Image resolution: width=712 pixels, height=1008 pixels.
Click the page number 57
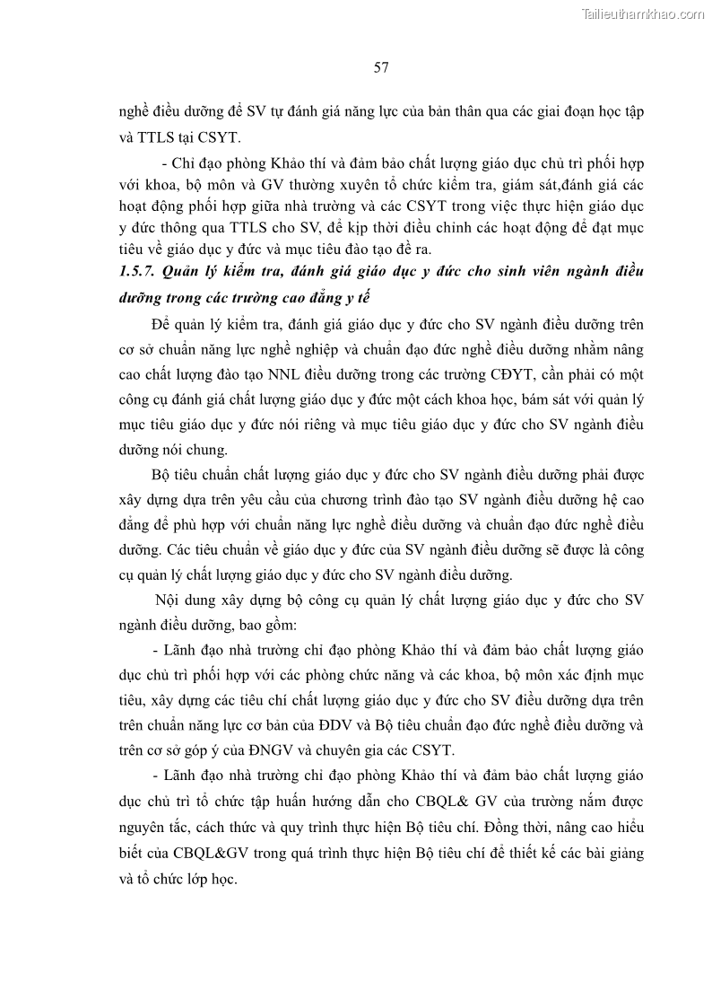[x=380, y=67]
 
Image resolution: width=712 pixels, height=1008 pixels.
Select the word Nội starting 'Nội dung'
[x=169, y=599]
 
